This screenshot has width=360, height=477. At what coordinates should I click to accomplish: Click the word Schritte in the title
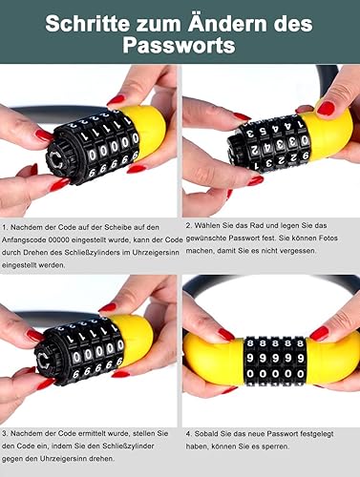(87, 24)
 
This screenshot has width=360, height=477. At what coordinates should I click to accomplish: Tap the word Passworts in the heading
(179, 45)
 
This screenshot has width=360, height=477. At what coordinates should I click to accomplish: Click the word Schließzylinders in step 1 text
(93, 253)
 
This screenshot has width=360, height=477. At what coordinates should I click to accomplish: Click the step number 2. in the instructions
(189, 225)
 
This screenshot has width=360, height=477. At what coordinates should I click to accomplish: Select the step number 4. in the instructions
(189, 434)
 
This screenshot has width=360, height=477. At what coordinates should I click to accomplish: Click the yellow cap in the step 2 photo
(330, 134)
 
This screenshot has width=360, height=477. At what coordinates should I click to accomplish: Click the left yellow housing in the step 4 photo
(214, 359)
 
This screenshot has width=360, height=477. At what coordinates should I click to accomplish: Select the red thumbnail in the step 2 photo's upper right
(326, 108)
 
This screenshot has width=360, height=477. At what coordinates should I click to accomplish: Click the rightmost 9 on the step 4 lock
(300, 358)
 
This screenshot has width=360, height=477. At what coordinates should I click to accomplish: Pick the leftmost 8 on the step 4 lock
(250, 343)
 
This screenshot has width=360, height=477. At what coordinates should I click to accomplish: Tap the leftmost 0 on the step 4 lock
(250, 374)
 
